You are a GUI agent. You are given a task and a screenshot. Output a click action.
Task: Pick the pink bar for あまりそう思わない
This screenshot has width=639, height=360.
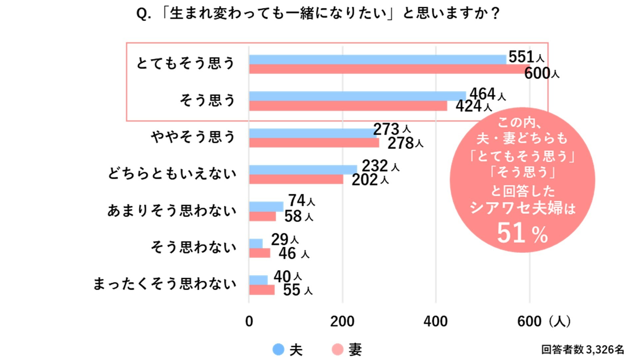(262, 216)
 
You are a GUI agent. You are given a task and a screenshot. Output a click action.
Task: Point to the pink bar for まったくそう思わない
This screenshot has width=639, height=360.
(262, 290)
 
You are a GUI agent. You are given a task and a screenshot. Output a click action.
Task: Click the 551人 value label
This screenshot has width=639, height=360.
(526, 57)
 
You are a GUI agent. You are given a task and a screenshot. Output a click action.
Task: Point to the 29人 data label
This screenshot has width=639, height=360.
(285, 239)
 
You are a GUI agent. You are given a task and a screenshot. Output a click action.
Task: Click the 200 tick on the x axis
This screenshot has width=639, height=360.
(342, 322)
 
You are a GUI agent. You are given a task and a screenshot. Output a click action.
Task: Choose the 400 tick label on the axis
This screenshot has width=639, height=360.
(436, 322)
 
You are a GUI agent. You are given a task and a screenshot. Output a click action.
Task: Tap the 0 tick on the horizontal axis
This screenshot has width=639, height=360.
(249, 322)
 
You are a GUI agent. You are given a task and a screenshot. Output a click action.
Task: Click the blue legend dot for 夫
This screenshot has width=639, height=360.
(278, 349)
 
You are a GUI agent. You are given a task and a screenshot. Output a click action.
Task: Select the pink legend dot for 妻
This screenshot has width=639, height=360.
(337, 349)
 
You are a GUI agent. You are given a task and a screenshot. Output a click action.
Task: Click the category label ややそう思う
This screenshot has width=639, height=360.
(193, 137)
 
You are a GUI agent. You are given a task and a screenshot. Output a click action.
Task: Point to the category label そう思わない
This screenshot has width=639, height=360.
(193, 247)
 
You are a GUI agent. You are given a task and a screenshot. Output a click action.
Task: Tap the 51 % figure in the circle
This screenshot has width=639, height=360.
(522, 233)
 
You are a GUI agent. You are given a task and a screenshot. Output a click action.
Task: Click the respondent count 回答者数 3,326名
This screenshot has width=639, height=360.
(582, 349)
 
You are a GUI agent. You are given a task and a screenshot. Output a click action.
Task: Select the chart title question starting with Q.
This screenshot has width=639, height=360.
(318, 14)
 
